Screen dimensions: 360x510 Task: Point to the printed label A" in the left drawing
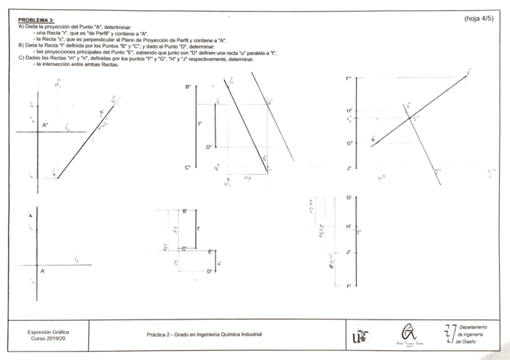point(45,125)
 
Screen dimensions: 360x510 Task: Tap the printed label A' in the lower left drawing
point(43,272)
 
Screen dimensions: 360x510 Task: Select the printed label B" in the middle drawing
point(188,88)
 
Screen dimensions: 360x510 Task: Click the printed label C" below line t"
point(188,167)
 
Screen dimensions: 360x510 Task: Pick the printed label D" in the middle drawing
point(209,147)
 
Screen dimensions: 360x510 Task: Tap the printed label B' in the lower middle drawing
point(185,211)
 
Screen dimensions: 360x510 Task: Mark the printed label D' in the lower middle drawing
point(209,272)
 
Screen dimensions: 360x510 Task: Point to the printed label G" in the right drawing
point(349,143)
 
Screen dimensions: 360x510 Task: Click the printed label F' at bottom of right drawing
point(349,287)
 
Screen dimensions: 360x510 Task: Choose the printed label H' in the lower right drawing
point(349,227)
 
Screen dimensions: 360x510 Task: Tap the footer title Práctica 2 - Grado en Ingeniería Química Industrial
point(205,334)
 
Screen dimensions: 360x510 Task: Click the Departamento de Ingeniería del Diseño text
point(472,334)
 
